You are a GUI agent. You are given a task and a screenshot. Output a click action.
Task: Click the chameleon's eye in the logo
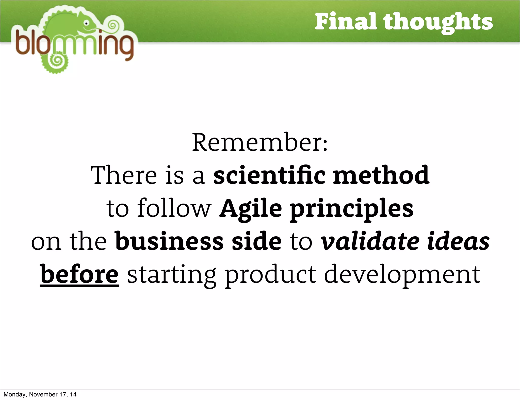87,23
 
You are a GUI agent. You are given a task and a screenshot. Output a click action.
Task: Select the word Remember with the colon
260,142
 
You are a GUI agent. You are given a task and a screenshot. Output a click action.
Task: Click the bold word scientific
269,175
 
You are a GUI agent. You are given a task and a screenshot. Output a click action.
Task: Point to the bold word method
381,175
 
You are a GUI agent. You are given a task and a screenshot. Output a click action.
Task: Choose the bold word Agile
250,209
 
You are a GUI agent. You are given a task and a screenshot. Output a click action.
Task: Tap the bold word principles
352,209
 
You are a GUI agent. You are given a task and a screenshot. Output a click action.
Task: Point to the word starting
172,275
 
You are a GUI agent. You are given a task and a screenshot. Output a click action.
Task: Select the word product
271,275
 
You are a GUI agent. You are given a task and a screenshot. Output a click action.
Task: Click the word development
402,275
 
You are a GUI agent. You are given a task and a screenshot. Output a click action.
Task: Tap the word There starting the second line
124,175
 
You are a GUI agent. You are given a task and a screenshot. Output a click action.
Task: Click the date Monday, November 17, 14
40,394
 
